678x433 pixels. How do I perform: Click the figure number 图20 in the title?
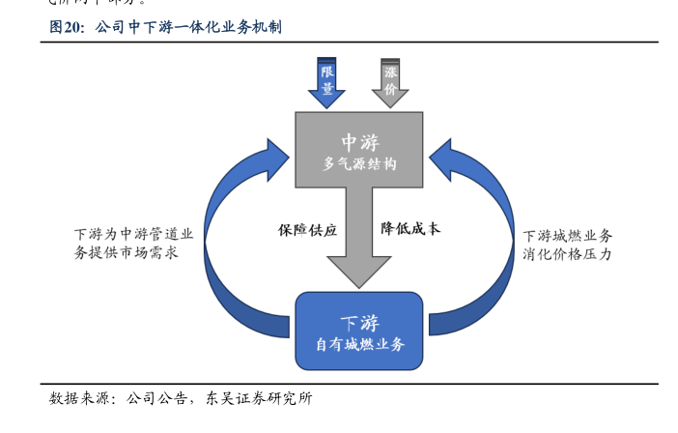pos(68,27)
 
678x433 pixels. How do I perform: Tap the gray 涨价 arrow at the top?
pos(390,81)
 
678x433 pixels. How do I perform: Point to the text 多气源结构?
pos(359,164)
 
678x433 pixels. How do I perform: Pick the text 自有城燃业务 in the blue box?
pos(359,343)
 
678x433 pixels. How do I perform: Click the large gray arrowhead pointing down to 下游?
pos(359,268)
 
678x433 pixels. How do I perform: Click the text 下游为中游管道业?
pos(133,234)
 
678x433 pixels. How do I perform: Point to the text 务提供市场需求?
pos(126,252)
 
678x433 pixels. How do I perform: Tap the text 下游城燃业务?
pos(568,236)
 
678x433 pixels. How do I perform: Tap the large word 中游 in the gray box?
pos(359,141)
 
